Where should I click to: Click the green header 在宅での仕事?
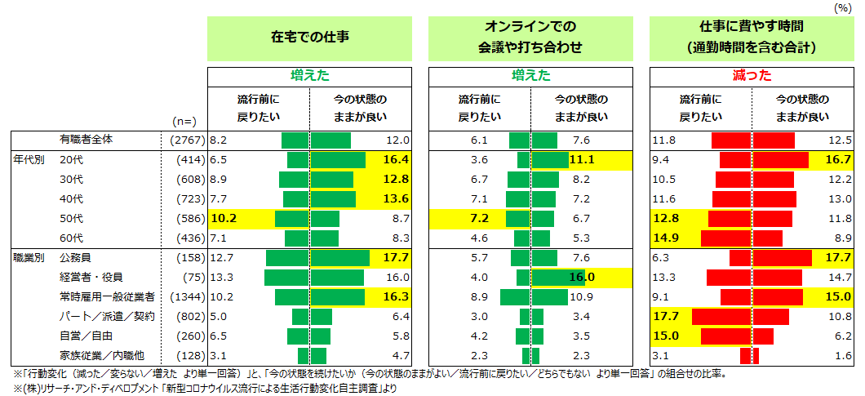[309, 38]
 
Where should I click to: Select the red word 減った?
[752, 76]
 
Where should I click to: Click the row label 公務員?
[76, 258]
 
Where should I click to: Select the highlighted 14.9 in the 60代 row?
[667, 238]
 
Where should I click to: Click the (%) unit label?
[841, 7]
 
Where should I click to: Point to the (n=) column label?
[184, 121]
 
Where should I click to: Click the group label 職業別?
[27, 258]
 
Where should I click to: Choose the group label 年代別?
[27, 160]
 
